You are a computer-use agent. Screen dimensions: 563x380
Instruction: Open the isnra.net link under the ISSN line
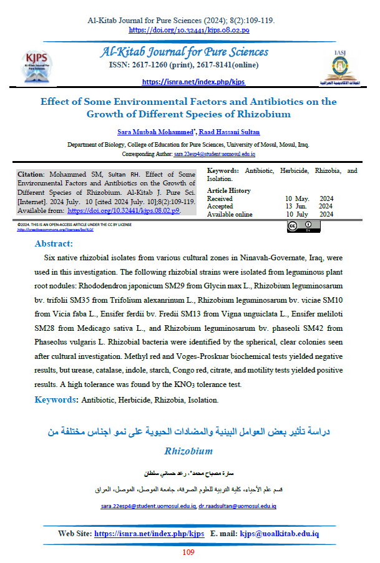pyautogui.click(x=193, y=82)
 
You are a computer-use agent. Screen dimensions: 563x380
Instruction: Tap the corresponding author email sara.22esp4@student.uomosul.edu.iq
pyautogui.click(x=213, y=154)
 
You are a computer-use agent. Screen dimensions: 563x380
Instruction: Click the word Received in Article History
pyautogui.click(x=220, y=198)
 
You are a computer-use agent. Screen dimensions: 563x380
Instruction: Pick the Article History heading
pyautogui.click(x=228, y=190)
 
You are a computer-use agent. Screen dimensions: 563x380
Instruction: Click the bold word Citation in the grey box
pyautogui.click(x=31, y=174)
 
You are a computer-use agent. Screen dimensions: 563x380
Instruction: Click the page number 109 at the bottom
pyautogui.click(x=189, y=552)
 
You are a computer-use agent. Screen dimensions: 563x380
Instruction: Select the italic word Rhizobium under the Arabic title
pyautogui.click(x=188, y=450)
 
